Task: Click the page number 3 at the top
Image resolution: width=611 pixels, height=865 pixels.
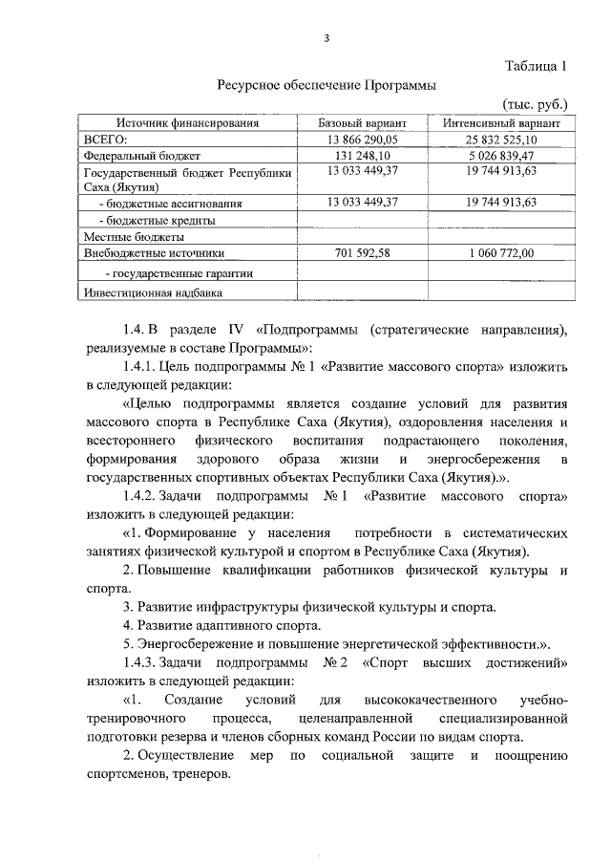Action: coord(327,38)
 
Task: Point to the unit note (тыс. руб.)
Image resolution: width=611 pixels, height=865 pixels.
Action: coord(535,104)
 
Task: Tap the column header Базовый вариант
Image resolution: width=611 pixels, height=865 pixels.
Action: coord(362,124)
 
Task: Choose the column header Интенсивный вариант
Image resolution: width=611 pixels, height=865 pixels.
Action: coord(501,124)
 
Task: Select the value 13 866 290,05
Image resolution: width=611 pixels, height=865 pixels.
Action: coord(362,140)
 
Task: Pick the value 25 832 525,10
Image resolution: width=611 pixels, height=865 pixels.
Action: coord(502,140)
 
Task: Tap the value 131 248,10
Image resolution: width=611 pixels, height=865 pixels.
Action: coord(362,155)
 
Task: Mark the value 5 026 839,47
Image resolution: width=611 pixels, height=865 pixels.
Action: coord(502,155)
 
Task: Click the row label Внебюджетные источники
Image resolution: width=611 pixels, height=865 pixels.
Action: coord(154,253)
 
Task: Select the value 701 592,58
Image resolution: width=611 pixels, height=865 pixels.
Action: coord(362,253)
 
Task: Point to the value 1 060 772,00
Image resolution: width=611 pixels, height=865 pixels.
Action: coord(502,253)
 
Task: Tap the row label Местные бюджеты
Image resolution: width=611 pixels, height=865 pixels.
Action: coord(133,236)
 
